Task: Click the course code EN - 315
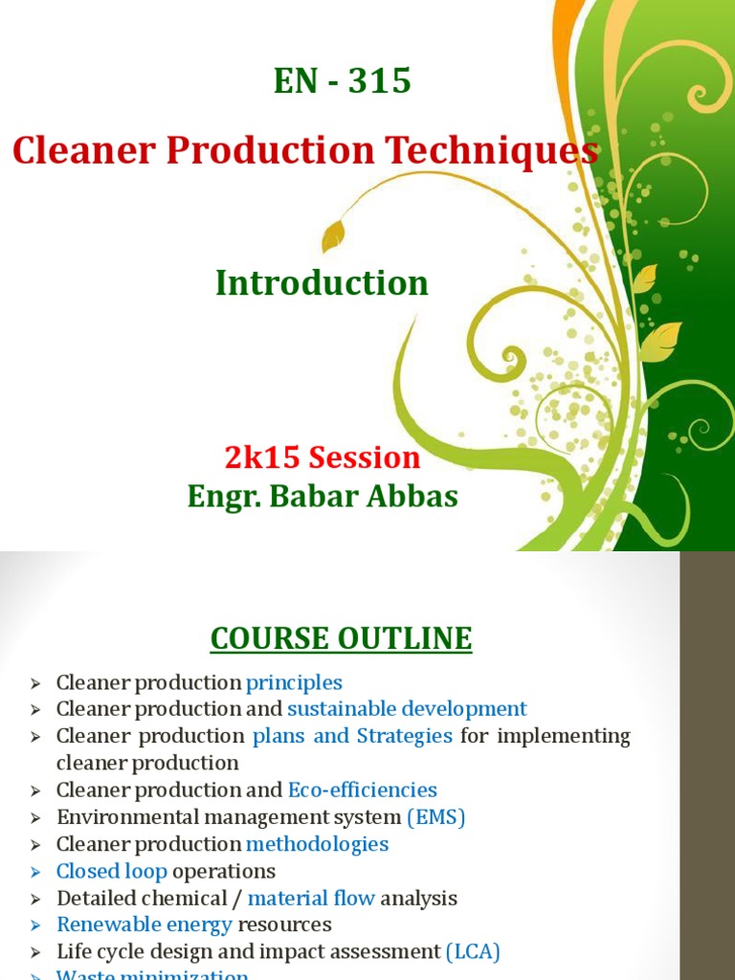click(343, 82)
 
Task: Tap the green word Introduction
click(322, 283)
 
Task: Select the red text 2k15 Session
click(323, 457)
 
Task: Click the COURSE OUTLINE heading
click(341, 638)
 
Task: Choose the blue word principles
click(294, 682)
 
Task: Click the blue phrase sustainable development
click(407, 709)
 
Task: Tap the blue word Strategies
click(405, 736)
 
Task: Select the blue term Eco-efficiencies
click(362, 790)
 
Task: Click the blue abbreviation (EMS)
click(435, 817)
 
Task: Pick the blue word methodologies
click(317, 844)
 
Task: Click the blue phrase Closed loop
click(112, 871)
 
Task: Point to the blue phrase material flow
click(311, 898)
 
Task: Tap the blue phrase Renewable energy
click(145, 924)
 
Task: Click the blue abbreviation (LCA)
click(473, 951)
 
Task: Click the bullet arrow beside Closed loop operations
click(36, 872)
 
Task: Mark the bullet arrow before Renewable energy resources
click(36, 925)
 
